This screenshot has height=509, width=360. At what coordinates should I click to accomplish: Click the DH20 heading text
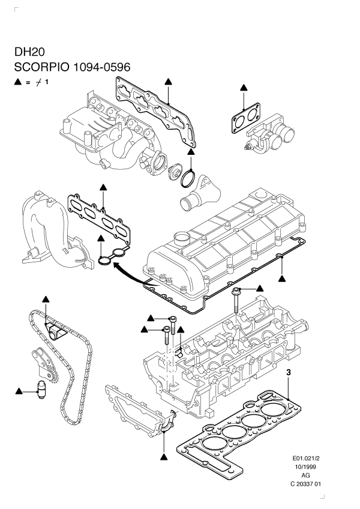click(26, 52)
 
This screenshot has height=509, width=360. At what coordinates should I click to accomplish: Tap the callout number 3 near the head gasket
click(289, 373)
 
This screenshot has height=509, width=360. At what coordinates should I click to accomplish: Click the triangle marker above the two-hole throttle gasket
click(244, 88)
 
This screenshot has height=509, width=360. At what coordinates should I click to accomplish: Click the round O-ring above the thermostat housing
click(188, 178)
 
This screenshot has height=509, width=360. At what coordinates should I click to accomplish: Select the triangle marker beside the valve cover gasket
click(282, 279)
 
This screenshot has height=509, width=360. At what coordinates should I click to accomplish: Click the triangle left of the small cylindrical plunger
click(19, 391)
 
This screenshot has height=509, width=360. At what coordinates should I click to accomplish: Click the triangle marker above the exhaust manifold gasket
click(103, 187)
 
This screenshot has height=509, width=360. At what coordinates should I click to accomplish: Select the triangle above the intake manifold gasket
click(169, 80)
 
